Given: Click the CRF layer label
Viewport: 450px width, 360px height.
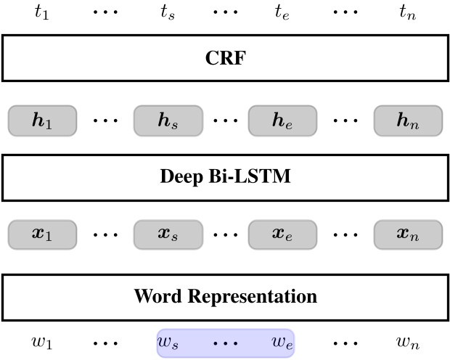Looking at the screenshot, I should (225, 58).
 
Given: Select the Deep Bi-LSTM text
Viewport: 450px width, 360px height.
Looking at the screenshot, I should (225, 176).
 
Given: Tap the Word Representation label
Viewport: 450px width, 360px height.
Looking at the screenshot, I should (225, 296).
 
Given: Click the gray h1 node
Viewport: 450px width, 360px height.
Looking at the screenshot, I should (42, 120).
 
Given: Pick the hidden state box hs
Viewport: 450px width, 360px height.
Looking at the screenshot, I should (168, 120).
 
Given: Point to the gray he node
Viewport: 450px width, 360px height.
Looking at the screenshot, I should (282, 120).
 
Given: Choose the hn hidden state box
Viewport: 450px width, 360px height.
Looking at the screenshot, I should (408, 120).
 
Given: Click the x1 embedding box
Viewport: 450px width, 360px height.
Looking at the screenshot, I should (42, 235).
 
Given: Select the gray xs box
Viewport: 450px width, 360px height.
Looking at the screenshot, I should (168, 235).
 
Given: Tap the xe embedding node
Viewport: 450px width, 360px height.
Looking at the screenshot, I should (282, 235).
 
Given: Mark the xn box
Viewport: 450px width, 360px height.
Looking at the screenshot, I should (408, 235).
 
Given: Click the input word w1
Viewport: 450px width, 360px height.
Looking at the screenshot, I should (41, 343).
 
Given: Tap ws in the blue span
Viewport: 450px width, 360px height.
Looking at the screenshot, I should (170, 343).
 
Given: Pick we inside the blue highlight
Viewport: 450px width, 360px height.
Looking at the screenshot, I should (282, 343).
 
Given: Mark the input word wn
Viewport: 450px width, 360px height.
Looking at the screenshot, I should (408, 343).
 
